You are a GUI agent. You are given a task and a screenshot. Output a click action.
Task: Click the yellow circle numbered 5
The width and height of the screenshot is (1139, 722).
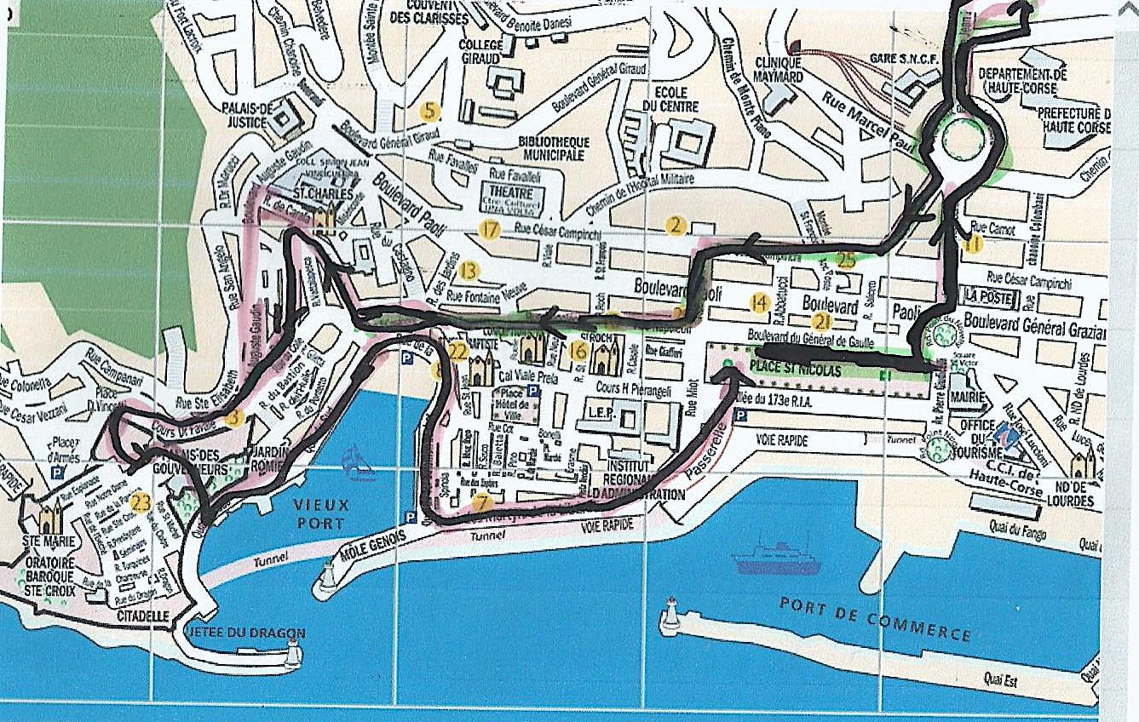(x=430, y=111)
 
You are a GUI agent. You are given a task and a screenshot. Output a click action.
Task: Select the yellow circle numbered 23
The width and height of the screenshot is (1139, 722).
(x=141, y=502)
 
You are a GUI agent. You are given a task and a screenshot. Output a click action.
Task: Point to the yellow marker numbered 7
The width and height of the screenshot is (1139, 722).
(x=482, y=502)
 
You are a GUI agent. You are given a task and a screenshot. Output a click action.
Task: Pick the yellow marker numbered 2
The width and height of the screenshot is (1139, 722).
(x=676, y=225)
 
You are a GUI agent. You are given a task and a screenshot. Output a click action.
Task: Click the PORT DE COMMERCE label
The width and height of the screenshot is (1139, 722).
(x=876, y=618)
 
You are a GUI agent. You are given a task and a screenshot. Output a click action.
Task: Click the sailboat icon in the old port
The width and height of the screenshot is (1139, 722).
(x=359, y=463)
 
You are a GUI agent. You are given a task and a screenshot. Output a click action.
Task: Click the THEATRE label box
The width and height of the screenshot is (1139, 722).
(x=511, y=193)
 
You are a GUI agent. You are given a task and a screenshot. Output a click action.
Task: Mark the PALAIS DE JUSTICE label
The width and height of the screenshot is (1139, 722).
(x=246, y=116)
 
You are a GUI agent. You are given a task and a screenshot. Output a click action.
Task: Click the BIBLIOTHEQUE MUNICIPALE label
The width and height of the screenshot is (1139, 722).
(x=552, y=148)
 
